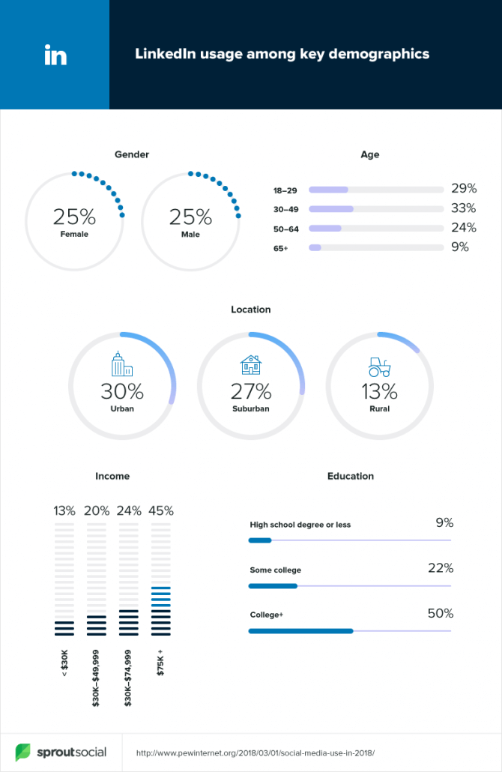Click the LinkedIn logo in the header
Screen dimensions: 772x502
55,55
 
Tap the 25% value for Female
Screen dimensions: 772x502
74,217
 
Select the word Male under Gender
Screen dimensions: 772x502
190,235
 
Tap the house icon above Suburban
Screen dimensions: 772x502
251,365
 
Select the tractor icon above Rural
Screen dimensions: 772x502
379,367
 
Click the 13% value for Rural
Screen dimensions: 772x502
379,391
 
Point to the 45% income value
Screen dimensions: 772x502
161,511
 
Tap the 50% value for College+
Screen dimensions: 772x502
441,613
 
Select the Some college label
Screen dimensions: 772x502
276,570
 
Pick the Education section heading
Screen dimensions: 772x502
350,476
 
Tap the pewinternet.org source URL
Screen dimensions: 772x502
255,753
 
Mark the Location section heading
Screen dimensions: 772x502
251,309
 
